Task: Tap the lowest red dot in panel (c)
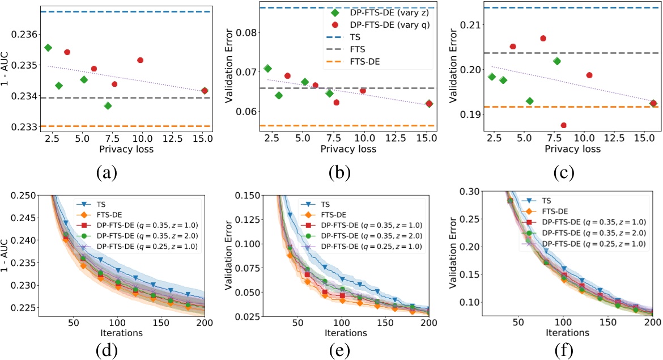[x=547, y=125]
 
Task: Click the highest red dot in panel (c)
[x=543, y=39]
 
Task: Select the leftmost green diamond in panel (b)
[x=268, y=69]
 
